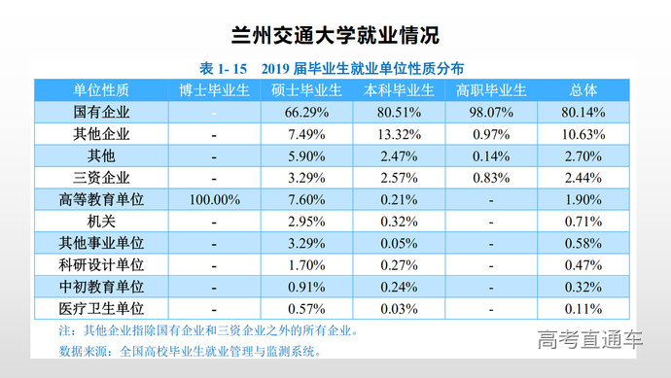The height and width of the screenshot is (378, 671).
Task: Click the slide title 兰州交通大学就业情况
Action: tap(335, 35)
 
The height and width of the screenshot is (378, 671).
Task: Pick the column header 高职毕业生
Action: tap(491, 90)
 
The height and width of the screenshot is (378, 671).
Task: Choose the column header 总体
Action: tap(583, 90)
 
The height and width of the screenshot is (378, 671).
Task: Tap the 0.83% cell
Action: tap(491, 177)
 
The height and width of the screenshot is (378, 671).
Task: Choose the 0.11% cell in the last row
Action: tap(583, 309)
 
